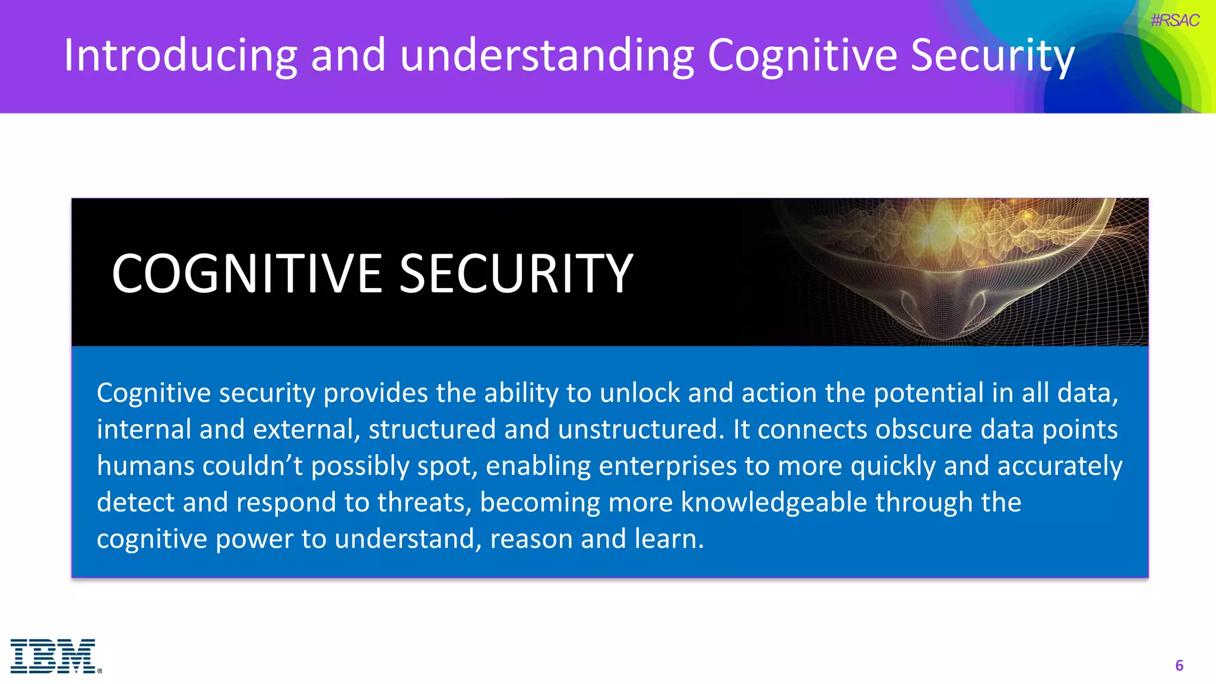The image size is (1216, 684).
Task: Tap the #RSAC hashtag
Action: point(1174,21)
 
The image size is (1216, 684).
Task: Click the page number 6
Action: point(1179,665)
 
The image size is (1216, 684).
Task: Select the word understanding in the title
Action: point(546,55)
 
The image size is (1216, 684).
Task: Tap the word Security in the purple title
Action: point(992,55)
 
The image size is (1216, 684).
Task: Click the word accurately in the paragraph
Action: point(1060,466)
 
